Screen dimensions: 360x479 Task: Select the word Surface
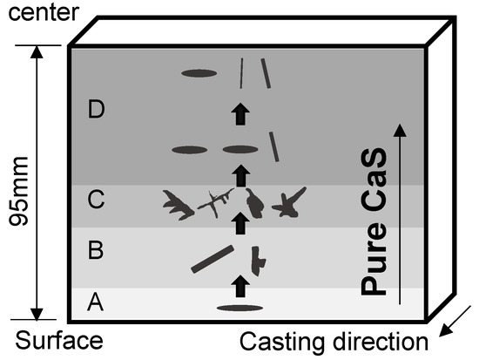[x=52, y=340]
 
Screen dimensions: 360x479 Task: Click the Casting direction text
[x=334, y=341]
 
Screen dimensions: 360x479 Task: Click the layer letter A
[x=96, y=302]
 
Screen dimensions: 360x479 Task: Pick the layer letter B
[x=96, y=251]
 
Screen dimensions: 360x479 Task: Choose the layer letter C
[x=96, y=200]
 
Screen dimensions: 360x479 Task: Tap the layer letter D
[x=96, y=110]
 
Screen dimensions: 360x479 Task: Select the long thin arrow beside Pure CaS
[x=400, y=213]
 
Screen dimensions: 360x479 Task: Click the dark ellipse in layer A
[x=240, y=308]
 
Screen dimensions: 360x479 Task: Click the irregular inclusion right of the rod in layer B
[x=257, y=258]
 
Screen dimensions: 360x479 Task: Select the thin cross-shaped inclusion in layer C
[x=216, y=204]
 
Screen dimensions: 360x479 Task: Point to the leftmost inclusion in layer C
[x=179, y=205]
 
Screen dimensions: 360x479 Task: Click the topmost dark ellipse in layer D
[x=199, y=74]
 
